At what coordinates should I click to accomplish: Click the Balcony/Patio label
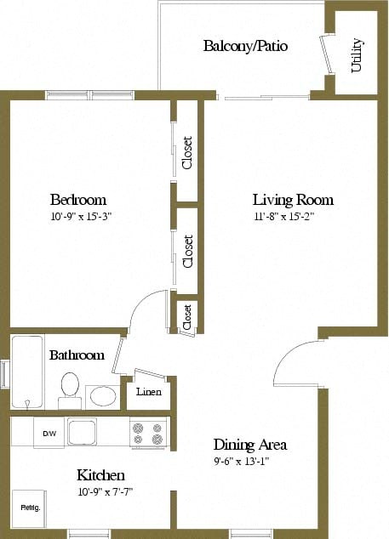coord(245,46)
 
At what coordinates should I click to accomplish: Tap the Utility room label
coord(357,55)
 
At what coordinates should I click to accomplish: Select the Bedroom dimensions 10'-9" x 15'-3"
coord(82,217)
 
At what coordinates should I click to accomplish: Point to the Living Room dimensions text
coord(284,217)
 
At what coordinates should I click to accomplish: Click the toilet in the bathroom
coord(70,390)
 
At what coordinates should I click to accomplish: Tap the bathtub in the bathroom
coord(27,372)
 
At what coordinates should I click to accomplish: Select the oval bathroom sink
coord(103,395)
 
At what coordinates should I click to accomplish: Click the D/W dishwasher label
coord(49,434)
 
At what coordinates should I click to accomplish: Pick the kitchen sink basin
coord(82,432)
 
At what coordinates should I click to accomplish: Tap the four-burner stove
coord(148,433)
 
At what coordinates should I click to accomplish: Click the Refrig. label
coord(31,508)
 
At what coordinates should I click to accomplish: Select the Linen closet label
coord(148,392)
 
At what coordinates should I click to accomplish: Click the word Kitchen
coord(100,475)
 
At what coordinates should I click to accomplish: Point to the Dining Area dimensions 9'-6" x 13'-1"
coord(242,462)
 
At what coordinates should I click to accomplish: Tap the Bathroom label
coord(77,355)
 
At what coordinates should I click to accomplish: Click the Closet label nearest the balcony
coord(187,153)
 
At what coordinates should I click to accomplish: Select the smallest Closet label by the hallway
coord(187,317)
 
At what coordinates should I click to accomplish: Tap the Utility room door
coord(326,54)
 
